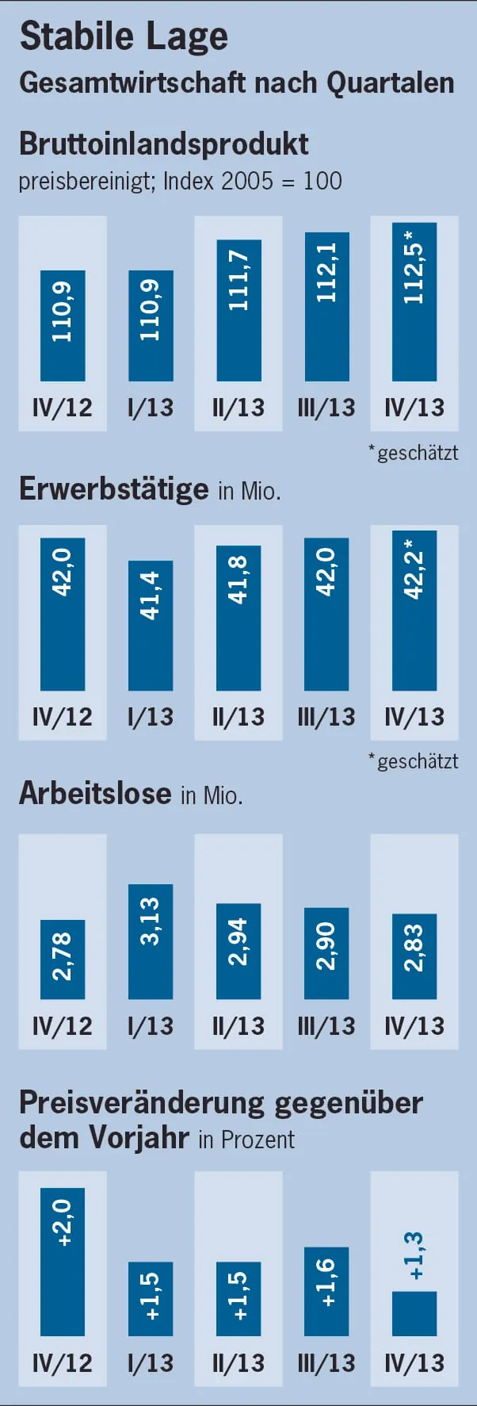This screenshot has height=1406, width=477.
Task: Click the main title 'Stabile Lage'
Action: click(124, 36)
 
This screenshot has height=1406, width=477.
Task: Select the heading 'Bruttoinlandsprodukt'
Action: click(164, 144)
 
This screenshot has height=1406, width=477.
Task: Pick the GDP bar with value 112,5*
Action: click(414, 301)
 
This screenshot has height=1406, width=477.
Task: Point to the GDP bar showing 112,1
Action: click(326, 306)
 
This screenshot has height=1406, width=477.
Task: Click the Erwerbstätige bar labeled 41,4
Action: click(151, 625)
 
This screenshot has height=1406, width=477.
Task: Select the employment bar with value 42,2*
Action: click(414, 610)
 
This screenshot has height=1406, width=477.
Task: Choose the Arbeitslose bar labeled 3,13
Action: click(151, 941)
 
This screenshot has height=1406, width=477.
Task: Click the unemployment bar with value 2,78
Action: click(63, 959)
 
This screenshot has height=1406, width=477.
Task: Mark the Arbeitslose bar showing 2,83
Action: click(414, 956)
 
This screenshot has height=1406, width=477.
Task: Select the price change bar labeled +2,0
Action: click(63, 1261)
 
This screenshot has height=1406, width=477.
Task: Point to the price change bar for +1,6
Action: click(326, 1291)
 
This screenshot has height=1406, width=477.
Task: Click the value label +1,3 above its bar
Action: click(414, 1255)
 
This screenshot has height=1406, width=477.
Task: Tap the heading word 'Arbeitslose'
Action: click(95, 794)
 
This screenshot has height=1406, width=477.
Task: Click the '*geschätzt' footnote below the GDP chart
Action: click(414, 453)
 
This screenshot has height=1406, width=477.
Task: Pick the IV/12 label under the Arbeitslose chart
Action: click(63, 1025)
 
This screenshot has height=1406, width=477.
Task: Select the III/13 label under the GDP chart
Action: click(326, 408)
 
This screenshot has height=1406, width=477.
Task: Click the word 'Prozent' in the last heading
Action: click(258, 1140)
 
